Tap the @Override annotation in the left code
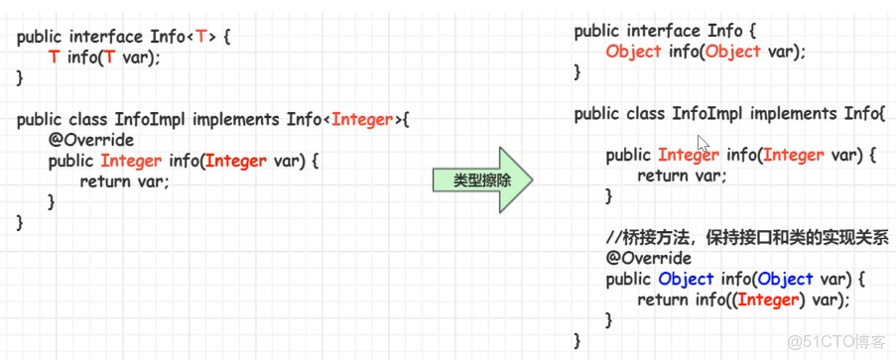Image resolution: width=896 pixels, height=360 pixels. click(x=90, y=140)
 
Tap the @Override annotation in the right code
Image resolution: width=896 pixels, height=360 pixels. click(x=649, y=259)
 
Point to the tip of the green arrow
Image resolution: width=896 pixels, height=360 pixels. click(x=533, y=180)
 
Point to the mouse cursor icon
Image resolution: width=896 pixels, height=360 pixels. click(x=703, y=143)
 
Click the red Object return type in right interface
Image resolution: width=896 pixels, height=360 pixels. click(x=633, y=52)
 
